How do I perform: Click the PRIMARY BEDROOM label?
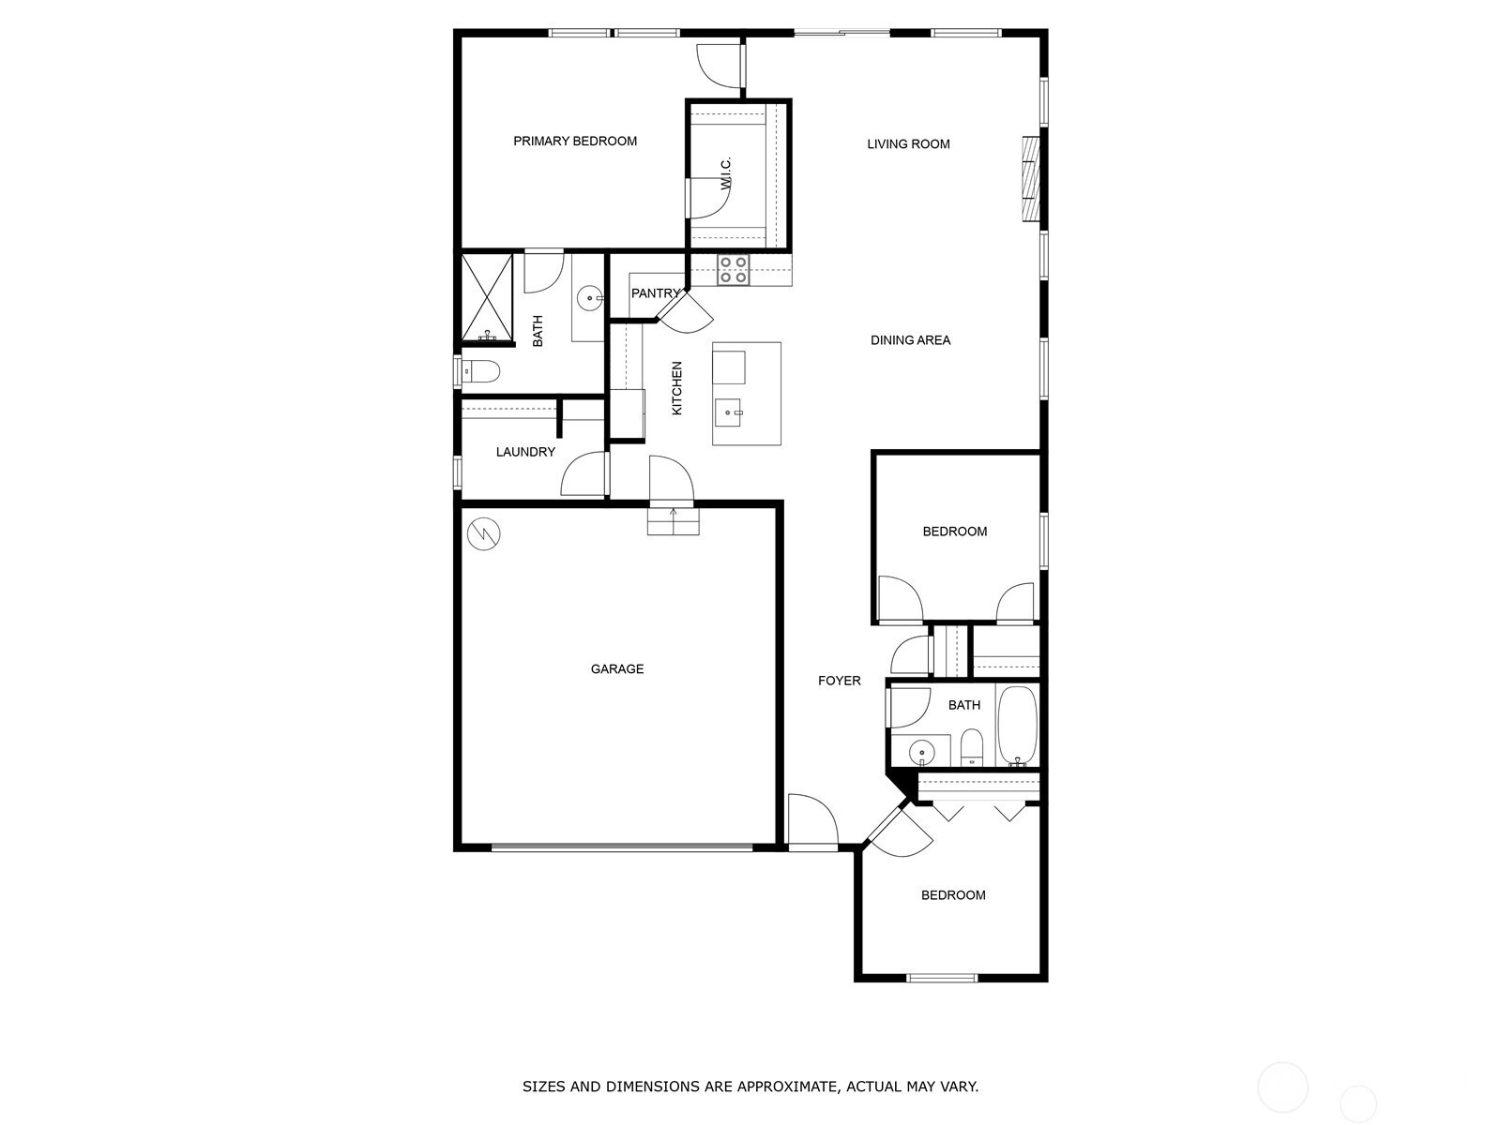point(574,142)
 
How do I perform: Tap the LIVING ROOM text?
point(908,144)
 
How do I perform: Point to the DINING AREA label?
point(910,340)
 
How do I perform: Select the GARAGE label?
point(617,669)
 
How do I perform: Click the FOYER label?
point(839,681)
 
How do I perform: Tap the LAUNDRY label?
point(525,452)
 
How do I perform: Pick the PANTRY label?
point(655,293)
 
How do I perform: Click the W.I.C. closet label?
point(726,175)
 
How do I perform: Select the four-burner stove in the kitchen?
point(734,270)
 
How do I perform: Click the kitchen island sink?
point(729,412)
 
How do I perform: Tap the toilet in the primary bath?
point(479,372)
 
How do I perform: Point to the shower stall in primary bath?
point(487,297)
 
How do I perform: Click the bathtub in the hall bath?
point(1017,727)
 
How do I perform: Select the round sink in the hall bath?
point(923,751)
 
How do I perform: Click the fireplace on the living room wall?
point(1032,179)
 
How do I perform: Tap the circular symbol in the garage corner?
point(484,534)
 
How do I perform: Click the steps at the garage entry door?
point(673,521)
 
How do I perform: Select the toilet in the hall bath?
point(972,747)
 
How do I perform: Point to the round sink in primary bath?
point(590,300)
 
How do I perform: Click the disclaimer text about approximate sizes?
point(750,1087)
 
